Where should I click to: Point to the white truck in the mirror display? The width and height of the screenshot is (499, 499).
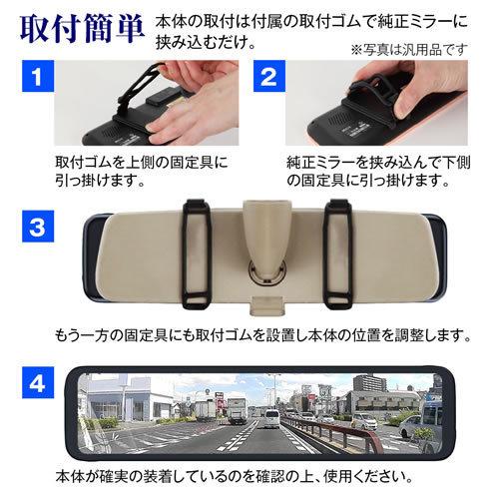point(236,408)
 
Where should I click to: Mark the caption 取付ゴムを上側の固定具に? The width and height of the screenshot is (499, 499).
point(136,160)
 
